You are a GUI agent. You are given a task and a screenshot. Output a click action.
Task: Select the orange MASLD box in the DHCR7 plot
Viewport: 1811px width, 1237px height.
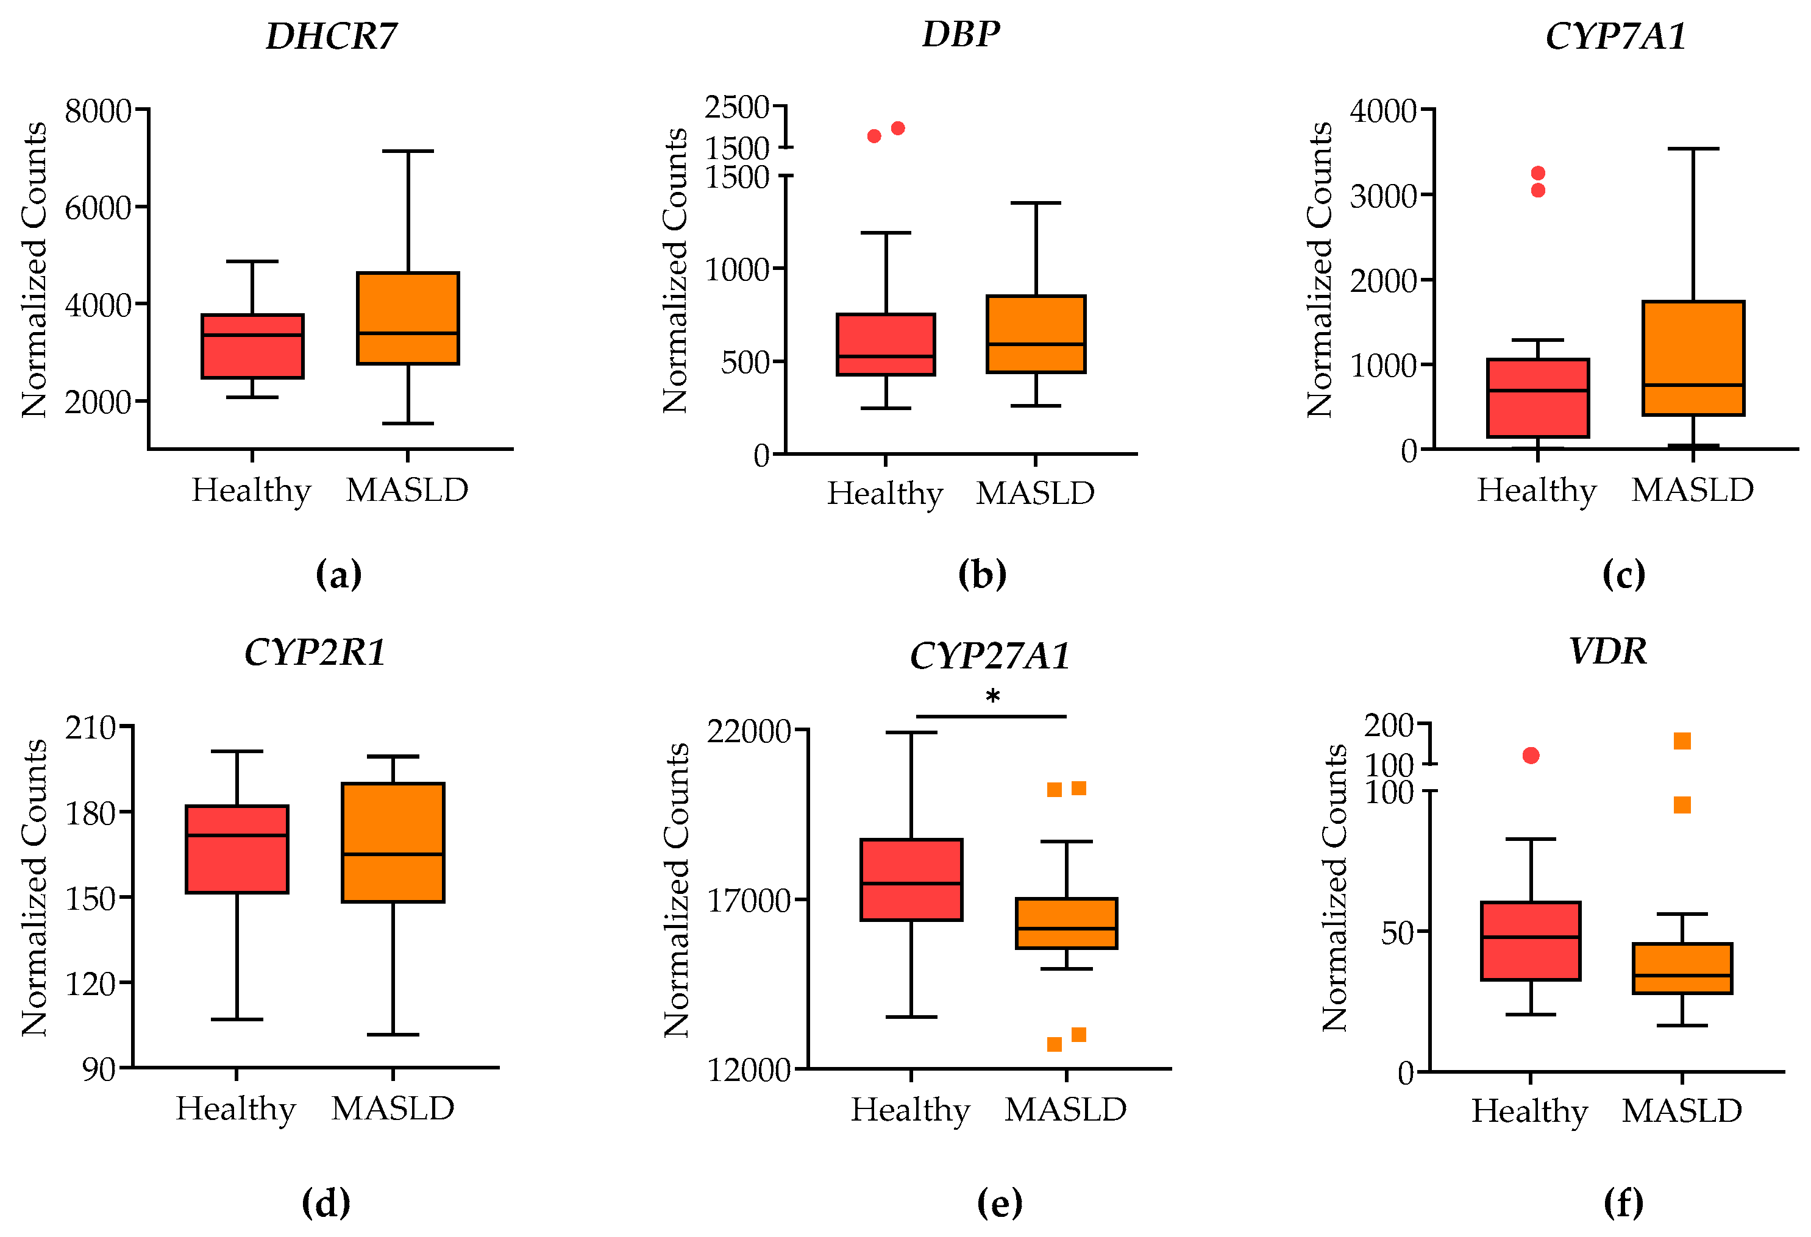[408, 318]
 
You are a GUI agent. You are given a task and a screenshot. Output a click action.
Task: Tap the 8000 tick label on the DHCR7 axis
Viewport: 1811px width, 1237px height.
[98, 111]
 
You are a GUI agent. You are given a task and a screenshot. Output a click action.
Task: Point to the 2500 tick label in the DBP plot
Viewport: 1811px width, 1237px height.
[736, 107]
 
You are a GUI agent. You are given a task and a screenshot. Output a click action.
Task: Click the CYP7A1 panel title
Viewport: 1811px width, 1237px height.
[1615, 36]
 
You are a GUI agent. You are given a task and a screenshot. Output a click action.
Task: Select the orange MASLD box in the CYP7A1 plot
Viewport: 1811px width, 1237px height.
[1693, 358]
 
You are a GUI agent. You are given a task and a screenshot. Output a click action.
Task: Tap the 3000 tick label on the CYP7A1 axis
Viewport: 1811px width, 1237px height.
[1383, 196]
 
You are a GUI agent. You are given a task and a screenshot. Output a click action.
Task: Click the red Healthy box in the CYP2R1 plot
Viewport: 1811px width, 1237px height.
[237, 849]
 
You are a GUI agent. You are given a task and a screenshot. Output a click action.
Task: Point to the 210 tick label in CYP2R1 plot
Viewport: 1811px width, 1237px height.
[90, 728]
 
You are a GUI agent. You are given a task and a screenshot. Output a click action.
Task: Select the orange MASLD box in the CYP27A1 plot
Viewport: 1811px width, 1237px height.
[1066, 923]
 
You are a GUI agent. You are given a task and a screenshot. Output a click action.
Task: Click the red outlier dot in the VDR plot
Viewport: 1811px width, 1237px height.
[1531, 756]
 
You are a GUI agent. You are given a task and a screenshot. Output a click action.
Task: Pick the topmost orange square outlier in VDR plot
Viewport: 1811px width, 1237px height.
[1682, 741]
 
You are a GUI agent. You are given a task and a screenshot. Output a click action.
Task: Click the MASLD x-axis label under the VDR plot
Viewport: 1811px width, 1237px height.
[1682, 1111]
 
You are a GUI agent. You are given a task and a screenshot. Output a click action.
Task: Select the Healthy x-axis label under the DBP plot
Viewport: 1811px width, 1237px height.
[884, 494]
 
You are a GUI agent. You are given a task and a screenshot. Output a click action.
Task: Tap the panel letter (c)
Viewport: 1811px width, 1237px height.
[1623, 574]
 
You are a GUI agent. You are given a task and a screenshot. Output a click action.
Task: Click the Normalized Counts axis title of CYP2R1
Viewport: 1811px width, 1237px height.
[34, 888]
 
